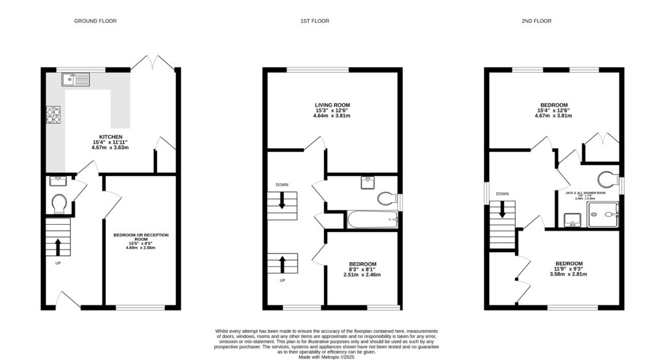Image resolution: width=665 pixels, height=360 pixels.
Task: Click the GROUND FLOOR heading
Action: tap(95, 21)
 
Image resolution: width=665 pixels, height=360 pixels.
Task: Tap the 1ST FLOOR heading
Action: tap(314, 21)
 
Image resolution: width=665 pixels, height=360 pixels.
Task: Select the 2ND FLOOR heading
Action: tap(536, 21)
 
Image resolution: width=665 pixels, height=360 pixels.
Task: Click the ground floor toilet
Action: tap(58, 203)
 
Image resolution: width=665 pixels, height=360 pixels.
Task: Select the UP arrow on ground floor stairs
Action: tap(58, 247)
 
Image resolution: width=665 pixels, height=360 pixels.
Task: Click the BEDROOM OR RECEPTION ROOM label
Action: tap(136, 237)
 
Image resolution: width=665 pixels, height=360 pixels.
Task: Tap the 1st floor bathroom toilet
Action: tap(386, 199)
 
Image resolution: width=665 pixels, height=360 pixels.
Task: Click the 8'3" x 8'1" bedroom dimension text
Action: tap(362, 269)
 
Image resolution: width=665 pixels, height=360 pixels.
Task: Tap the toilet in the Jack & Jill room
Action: tap(608, 178)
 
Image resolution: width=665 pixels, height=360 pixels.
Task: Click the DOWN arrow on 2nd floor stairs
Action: tap(502, 210)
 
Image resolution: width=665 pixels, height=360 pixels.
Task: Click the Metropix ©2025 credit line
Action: tap(323, 357)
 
